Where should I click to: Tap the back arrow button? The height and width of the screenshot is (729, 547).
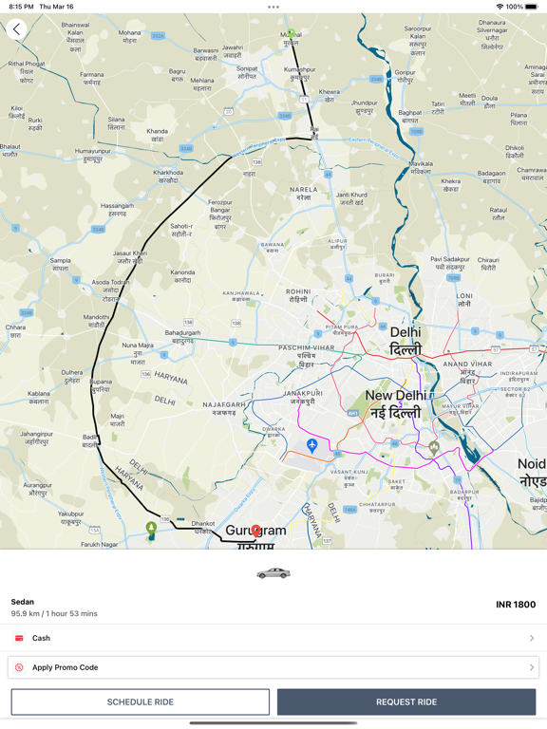[17, 29]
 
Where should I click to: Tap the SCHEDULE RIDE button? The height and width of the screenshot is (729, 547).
[141, 701]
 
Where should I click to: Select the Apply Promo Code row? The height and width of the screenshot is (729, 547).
[273, 667]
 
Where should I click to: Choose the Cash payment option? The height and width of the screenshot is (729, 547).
[273, 638]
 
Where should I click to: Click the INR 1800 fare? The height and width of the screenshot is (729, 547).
[516, 605]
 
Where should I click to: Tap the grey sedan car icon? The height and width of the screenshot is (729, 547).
[273, 573]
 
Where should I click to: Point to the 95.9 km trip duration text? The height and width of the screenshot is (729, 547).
[54, 614]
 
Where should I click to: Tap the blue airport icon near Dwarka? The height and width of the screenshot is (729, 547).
[311, 445]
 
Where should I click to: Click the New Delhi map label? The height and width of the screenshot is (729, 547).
[397, 403]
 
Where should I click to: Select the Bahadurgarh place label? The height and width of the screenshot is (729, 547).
[183, 336]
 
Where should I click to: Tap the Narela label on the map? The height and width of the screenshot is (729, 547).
[304, 194]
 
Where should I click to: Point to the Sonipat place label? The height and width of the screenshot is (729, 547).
[247, 71]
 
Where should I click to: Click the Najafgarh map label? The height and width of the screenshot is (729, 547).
[224, 408]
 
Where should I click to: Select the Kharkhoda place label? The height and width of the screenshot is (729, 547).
[168, 176]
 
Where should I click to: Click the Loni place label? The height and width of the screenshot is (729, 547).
[464, 299]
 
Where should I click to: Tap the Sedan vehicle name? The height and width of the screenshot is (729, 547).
[23, 602]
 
